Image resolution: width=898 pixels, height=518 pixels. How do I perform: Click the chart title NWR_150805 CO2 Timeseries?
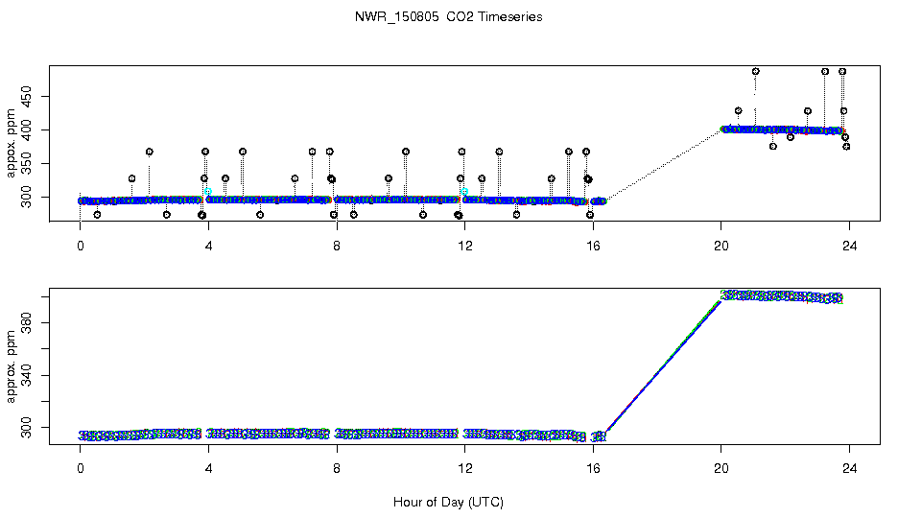pos(448,16)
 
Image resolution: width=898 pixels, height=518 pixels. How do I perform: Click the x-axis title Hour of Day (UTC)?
pos(448,502)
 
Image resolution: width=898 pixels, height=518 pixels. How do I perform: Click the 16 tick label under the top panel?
pos(593,244)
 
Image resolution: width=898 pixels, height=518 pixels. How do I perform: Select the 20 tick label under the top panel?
pos(721,244)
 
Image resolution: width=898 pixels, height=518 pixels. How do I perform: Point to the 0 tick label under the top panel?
pos(81,244)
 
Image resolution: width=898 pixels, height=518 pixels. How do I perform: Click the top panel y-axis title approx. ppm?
pos(11,143)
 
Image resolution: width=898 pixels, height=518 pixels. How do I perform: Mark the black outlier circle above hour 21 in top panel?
pos(756,71)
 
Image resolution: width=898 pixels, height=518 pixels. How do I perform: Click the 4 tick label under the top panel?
pos(208,244)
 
